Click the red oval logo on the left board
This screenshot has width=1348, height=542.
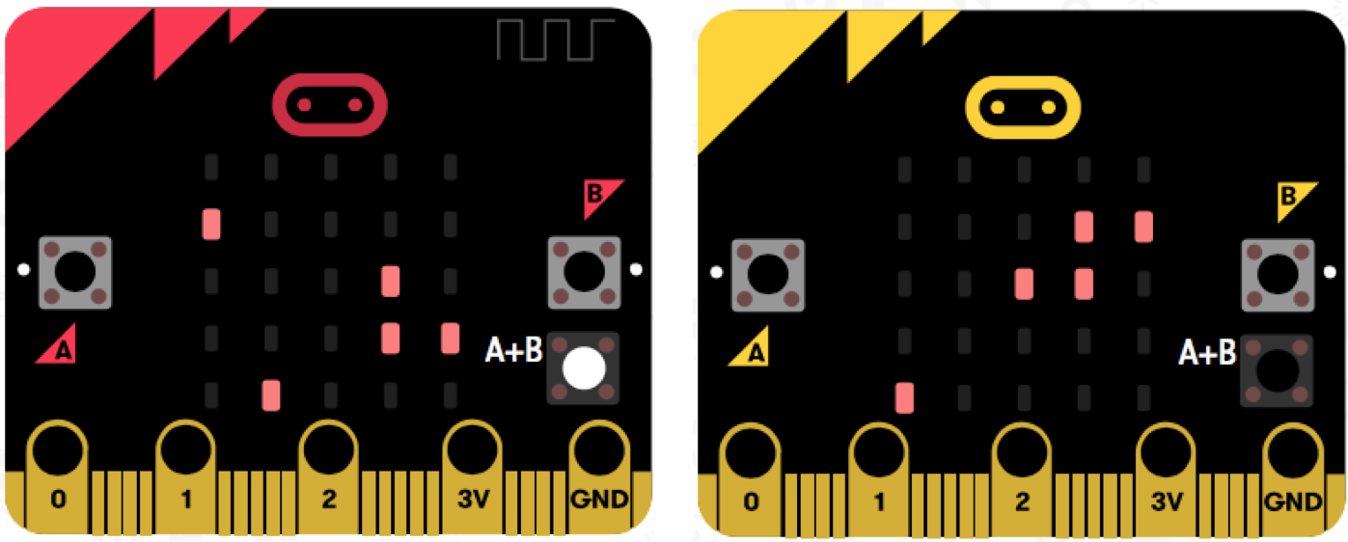[x=329, y=104]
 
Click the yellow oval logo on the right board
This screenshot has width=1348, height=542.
[x=1023, y=105]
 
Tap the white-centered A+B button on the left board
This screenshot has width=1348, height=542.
[x=583, y=368]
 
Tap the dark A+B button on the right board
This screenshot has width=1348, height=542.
[x=1277, y=369]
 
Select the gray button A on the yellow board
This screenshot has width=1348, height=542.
[x=768, y=275]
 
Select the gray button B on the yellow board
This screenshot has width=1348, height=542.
[x=1278, y=275]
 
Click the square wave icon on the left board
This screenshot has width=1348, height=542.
[x=556, y=39]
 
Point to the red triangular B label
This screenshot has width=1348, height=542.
[x=600, y=196]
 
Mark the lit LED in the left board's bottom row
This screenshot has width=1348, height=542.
[x=271, y=394]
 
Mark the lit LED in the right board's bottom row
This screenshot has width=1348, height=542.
[x=904, y=396]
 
